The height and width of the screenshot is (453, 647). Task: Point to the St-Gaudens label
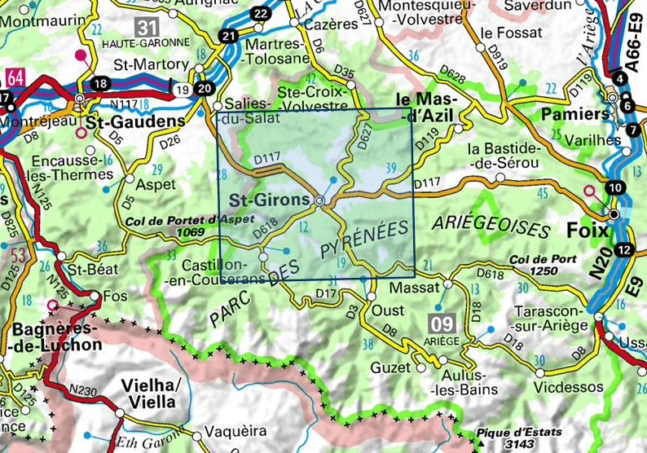(x=135, y=121)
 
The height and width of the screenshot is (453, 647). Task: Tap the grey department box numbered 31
(x=147, y=26)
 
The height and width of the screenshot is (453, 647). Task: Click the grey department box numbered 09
(x=439, y=325)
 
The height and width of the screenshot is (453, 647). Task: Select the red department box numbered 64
(x=15, y=78)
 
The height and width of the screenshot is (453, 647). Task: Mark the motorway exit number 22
(x=261, y=14)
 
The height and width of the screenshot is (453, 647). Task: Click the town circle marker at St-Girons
(x=319, y=200)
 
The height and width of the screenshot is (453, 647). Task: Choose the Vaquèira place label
(x=236, y=431)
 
